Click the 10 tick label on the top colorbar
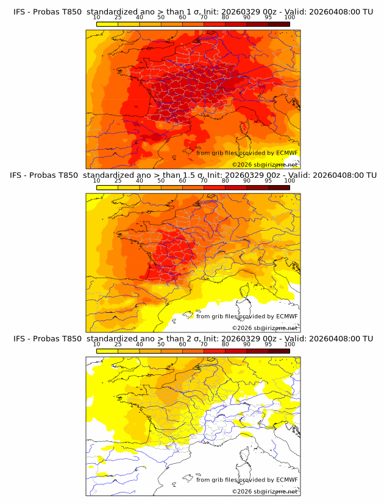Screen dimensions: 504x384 click(97, 18)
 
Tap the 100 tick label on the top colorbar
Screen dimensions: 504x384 click(290, 18)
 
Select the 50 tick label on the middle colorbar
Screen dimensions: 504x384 click(161, 181)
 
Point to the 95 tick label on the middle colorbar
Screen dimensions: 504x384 click(268, 181)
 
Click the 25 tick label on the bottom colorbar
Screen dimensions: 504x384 click(118, 345)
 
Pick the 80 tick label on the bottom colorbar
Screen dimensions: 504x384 click(226, 345)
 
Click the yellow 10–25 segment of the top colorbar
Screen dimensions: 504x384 click(107, 24)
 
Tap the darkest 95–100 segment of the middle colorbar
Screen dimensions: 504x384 click(279, 187)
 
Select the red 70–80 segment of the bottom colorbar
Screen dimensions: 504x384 click(215, 351)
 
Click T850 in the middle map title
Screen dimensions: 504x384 click(71, 175)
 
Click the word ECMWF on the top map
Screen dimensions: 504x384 click(286, 153)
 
